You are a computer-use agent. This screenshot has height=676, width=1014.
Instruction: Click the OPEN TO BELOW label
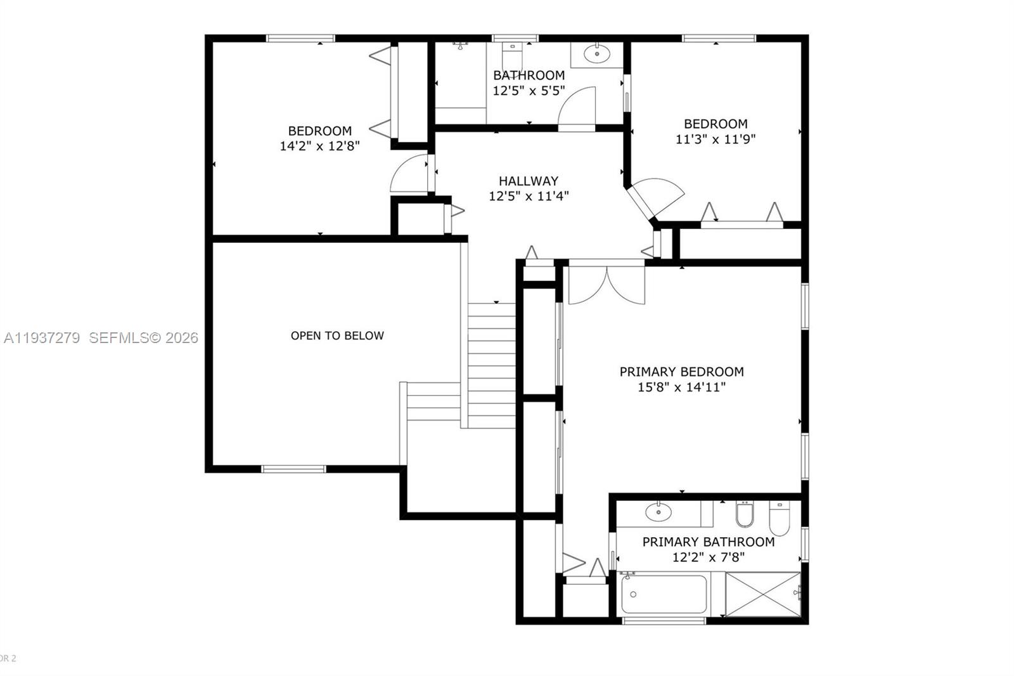(x=337, y=335)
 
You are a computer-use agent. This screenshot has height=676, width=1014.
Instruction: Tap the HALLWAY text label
(x=528, y=181)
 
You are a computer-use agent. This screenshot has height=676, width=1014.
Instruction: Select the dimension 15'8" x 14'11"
(x=681, y=387)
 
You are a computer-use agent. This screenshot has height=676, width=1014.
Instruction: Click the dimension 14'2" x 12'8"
(x=319, y=146)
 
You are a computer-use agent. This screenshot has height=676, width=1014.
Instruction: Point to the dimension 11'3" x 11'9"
(x=715, y=139)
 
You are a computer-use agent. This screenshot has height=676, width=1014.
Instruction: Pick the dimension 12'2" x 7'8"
(x=708, y=557)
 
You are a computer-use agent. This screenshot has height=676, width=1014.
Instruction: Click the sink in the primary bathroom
(x=659, y=511)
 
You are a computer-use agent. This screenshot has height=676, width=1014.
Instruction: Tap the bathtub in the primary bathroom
(x=664, y=594)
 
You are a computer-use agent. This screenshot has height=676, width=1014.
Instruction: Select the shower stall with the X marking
(x=762, y=594)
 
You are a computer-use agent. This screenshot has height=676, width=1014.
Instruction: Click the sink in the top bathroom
(x=596, y=55)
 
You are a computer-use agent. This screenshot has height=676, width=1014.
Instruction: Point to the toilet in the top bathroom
(x=511, y=53)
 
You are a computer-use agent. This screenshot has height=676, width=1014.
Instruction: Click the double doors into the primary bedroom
(x=606, y=283)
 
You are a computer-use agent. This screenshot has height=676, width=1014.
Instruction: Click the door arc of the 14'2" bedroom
(x=409, y=174)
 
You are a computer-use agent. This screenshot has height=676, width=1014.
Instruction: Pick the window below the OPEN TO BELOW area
(x=293, y=469)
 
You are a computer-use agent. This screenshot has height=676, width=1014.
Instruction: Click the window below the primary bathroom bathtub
(x=664, y=620)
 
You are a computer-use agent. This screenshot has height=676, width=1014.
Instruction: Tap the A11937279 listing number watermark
(x=42, y=338)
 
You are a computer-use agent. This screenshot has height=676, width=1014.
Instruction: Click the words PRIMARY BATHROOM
(x=708, y=542)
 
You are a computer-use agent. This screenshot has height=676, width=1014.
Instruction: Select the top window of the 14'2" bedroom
(x=300, y=38)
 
